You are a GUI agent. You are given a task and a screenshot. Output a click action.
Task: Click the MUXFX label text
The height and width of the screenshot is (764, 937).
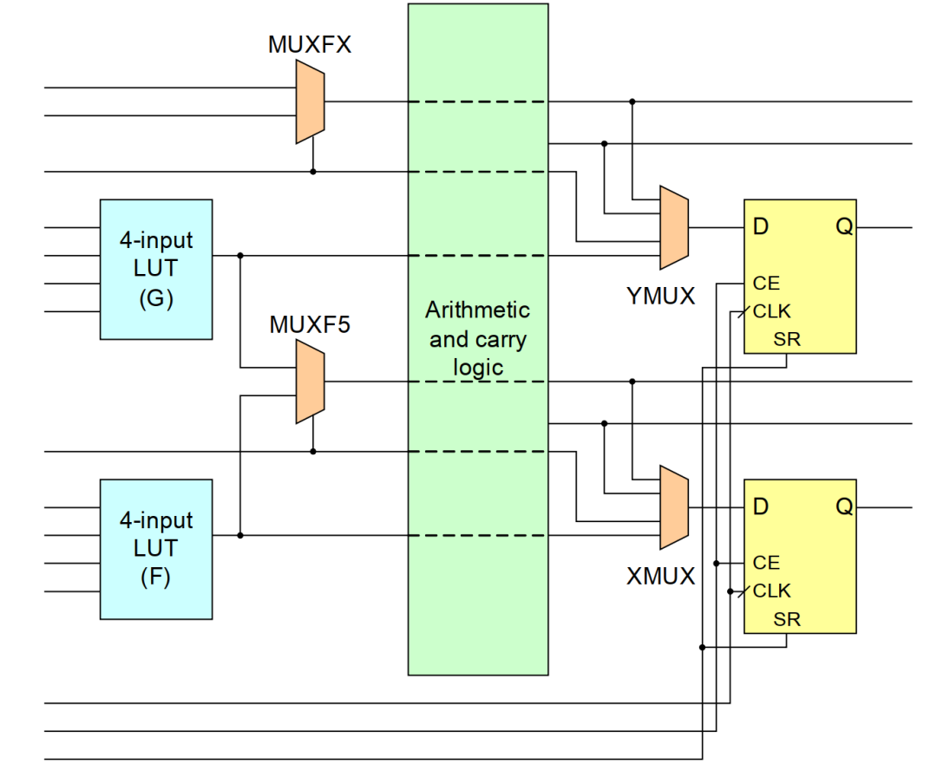point(310,45)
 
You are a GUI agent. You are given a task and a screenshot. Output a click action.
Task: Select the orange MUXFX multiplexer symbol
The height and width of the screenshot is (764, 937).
point(310,101)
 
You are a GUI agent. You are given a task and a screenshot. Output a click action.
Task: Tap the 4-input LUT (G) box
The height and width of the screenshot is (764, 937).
point(156,269)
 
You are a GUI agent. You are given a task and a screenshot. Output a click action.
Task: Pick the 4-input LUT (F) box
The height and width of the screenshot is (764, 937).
point(156,549)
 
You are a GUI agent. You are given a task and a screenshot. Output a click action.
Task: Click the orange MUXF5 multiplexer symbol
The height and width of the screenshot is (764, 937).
point(310,382)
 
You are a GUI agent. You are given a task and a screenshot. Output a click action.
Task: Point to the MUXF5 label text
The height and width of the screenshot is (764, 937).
point(310,325)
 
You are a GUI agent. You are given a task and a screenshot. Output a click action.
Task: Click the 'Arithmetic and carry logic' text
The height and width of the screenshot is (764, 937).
point(478,338)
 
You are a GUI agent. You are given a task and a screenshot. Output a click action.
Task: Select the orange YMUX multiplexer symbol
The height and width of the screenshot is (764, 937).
point(674,227)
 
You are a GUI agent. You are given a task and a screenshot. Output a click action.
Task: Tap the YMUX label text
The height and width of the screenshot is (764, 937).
point(661,296)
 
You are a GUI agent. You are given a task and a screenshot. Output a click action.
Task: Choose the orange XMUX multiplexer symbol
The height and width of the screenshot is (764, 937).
point(674,507)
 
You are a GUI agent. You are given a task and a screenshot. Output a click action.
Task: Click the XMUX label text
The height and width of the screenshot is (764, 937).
point(661,576)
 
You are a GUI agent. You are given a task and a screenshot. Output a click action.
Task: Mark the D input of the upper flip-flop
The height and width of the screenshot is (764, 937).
point(761,227)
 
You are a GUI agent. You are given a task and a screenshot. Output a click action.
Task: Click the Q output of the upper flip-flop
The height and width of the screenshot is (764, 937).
point(843,227)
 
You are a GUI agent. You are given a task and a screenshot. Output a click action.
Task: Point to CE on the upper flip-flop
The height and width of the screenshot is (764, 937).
point(766,283)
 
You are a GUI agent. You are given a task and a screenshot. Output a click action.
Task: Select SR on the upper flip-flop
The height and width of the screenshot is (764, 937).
point(787,339)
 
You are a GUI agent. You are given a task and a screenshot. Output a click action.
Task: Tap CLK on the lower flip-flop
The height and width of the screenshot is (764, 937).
point(771,591)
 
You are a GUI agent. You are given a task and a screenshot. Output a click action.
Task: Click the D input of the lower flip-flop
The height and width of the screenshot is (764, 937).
point(761,507)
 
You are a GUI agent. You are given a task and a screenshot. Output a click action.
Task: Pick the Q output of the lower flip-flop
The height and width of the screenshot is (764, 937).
point(843,507)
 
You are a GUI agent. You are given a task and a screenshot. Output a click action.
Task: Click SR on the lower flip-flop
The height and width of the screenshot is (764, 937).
point(787,619)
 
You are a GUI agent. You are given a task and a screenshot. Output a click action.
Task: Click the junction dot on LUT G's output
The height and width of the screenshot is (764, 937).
point(240,256)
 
